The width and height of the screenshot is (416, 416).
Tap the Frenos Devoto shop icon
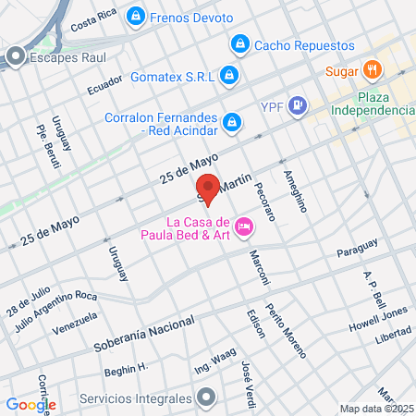[137, 16]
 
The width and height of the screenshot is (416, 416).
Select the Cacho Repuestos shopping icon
[239, 44]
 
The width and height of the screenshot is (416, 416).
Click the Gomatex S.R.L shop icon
[229, 74]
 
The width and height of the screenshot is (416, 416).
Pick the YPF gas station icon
[298, 104]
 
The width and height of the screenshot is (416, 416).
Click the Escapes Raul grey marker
[15, 57]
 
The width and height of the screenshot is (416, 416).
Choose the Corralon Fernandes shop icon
[233, 120]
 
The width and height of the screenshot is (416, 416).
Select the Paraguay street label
[357, 249]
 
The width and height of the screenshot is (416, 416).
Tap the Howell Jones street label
[378, 328]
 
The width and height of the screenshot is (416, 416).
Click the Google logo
[31, 404]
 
